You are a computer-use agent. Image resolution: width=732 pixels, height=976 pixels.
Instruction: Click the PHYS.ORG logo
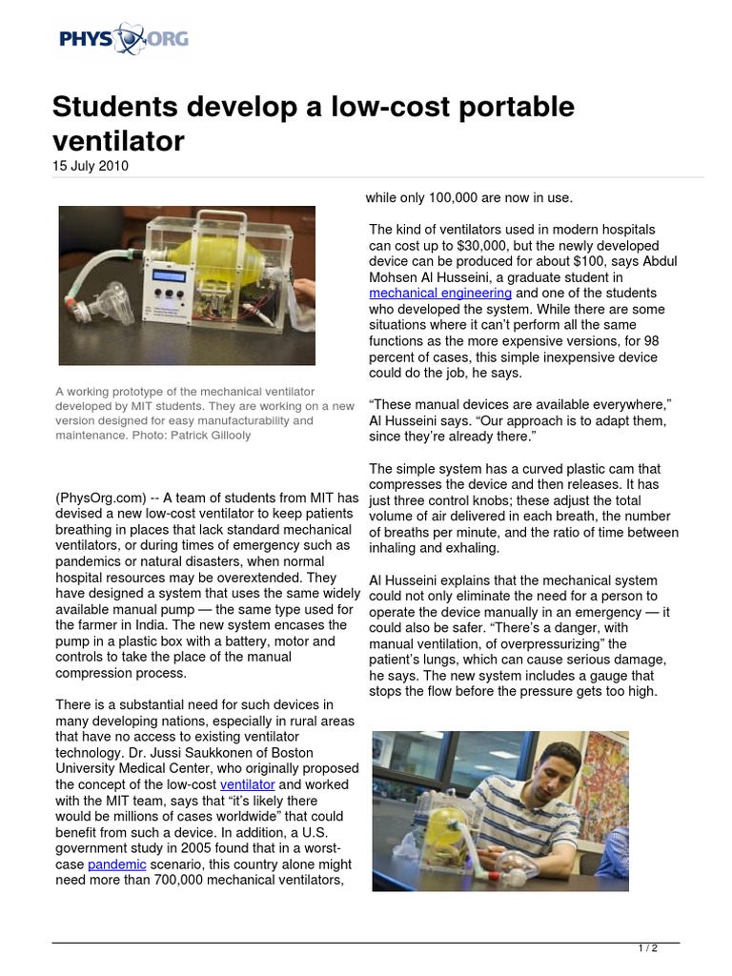coord(123,40)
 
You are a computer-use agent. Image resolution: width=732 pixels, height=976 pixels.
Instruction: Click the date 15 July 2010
coord(90,166)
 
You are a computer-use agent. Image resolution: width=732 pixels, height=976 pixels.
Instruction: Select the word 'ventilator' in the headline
coord(117,141)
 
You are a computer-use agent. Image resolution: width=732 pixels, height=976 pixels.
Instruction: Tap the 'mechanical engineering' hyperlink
coord(440,293)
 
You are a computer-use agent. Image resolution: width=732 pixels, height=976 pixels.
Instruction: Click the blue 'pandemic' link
coord(117,864)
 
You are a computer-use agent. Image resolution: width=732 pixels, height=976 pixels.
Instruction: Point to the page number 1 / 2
coord(647,948)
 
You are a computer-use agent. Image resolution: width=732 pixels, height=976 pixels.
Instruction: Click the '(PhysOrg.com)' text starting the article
coord(99,498)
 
